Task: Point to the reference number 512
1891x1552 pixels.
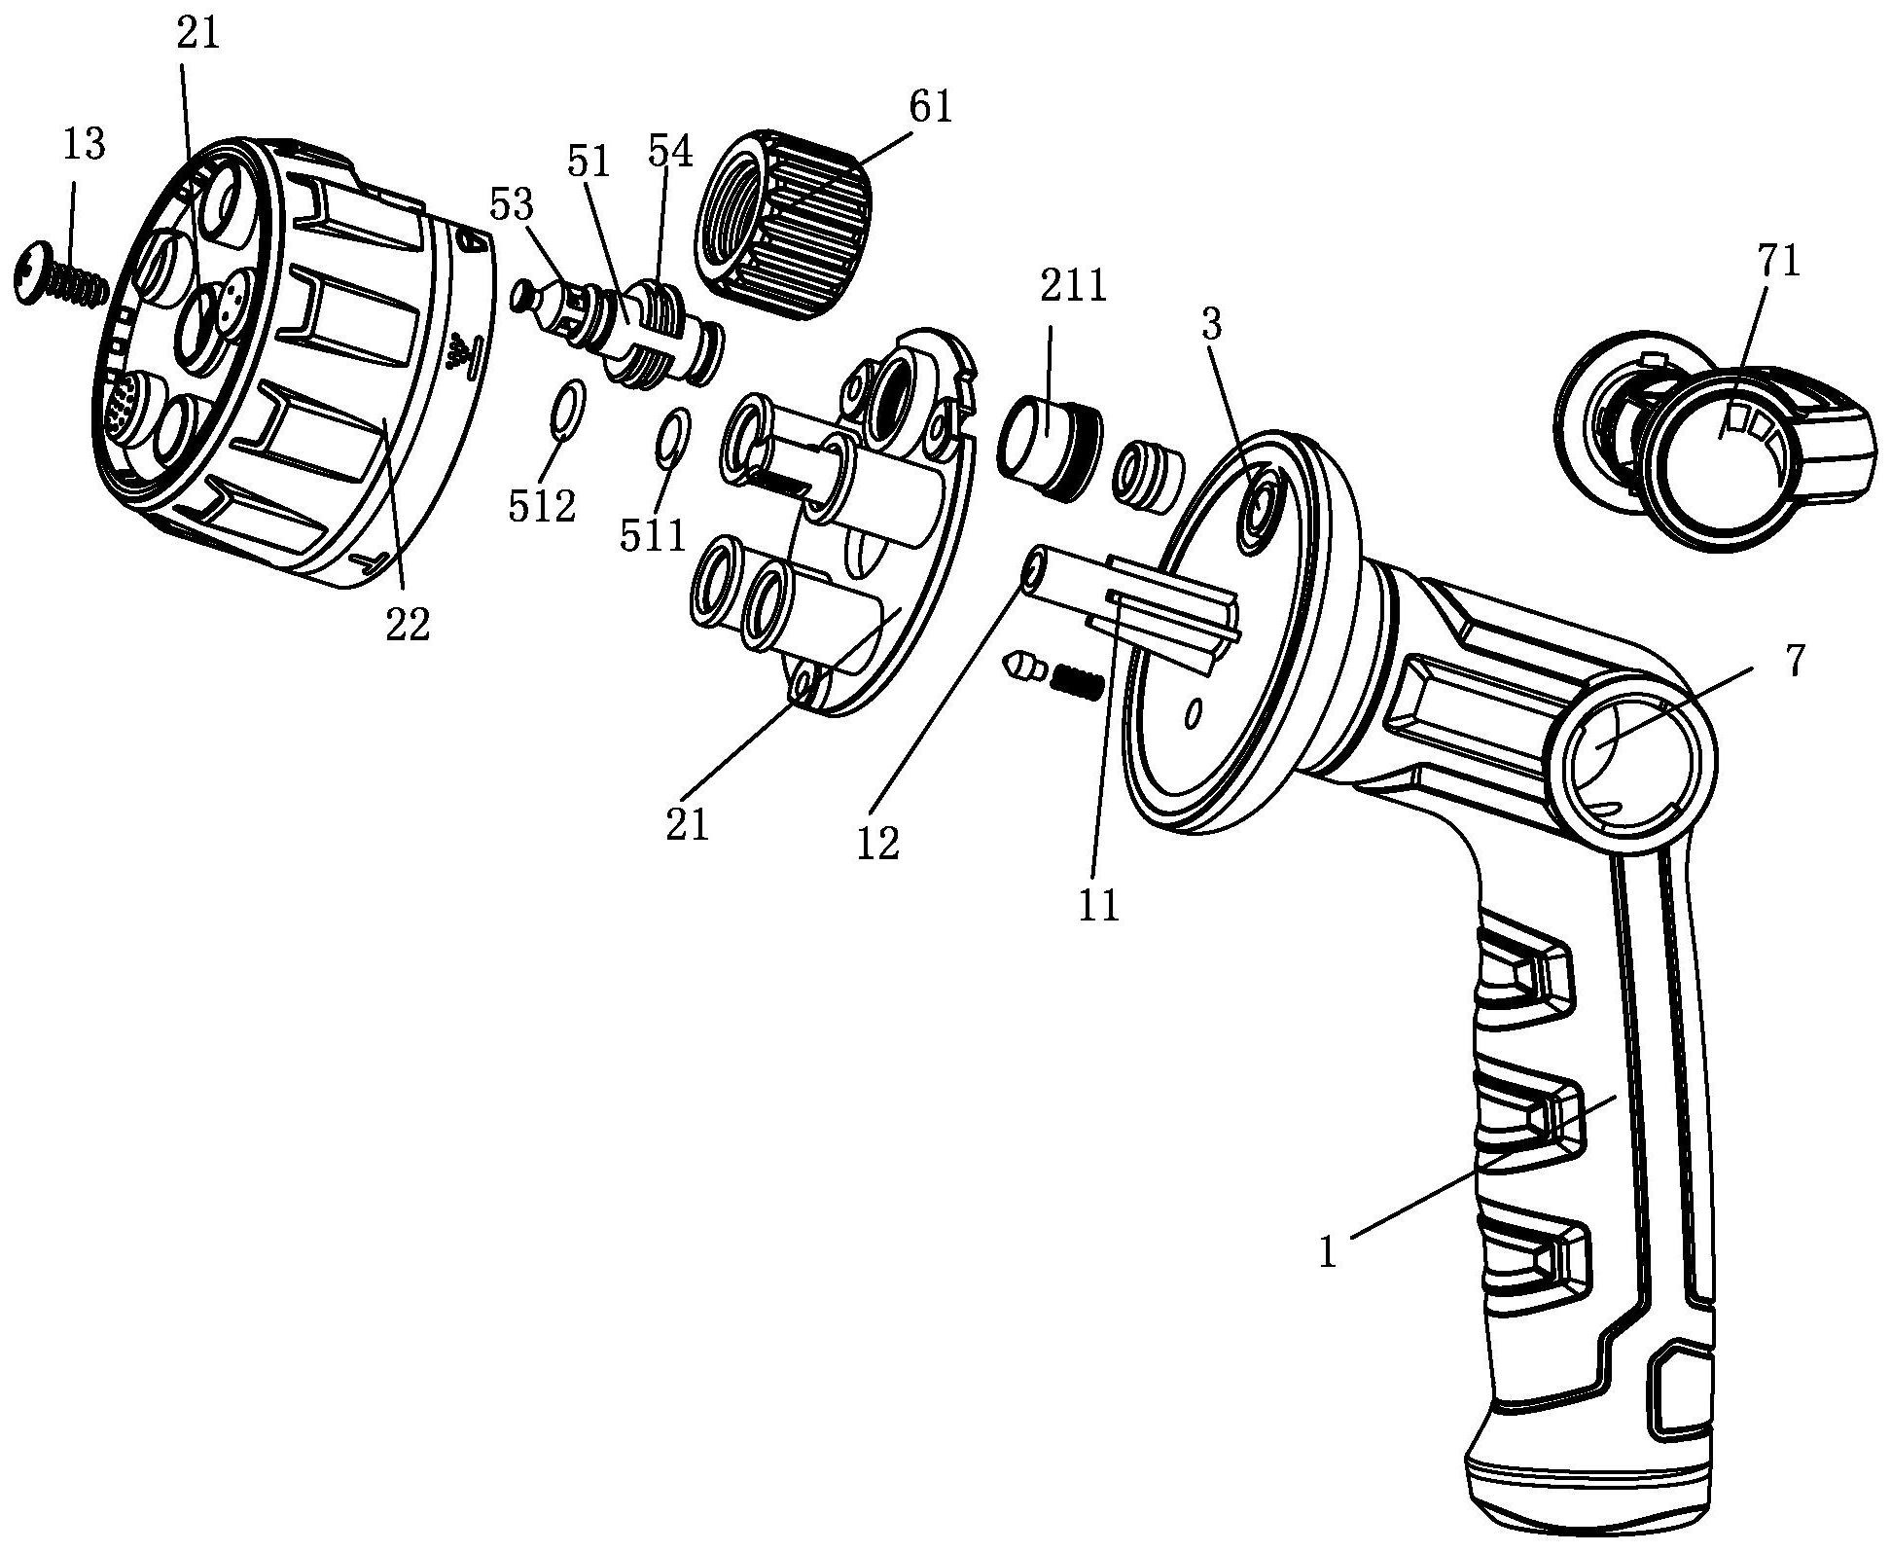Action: [543, 506]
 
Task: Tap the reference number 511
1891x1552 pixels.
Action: [654, 536]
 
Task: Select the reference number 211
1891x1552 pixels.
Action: [1073, 288]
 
